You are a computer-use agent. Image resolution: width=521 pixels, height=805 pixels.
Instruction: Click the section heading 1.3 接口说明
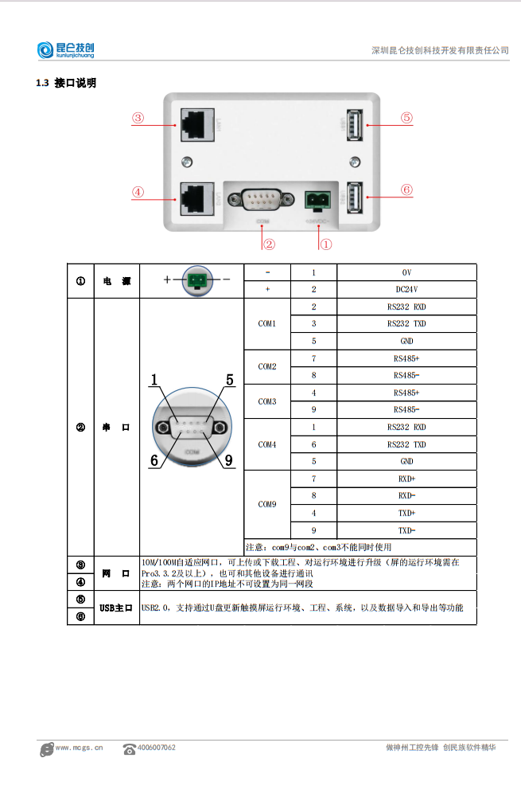tap(66, 83)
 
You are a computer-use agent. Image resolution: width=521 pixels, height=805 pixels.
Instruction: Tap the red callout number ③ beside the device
tap(138, 118)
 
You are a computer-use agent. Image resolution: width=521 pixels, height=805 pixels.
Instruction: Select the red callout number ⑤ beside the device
tap(406, 118)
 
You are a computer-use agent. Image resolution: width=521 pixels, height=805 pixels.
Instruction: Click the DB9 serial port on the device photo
tap(262, 198)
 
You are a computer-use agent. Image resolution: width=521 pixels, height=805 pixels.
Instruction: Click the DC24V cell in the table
tap(406, 290)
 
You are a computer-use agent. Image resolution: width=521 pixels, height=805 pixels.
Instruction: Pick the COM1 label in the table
tap(267, 324)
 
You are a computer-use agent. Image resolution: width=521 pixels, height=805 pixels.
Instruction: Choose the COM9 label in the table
tap(267, 504)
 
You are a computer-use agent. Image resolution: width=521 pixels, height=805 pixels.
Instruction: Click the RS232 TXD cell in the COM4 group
tap(406, 444)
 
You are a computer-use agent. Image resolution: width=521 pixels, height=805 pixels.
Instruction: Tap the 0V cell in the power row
tap(406, 272)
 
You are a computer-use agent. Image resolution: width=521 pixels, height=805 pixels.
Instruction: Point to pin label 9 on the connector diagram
tap(228, 459)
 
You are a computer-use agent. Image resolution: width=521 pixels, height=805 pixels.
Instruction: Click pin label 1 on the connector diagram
tap(154, 380)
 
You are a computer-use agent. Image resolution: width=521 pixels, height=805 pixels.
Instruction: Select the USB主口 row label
tap(116, 608)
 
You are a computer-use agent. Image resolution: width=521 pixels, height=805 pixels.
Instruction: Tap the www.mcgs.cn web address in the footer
tap(79, 748)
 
